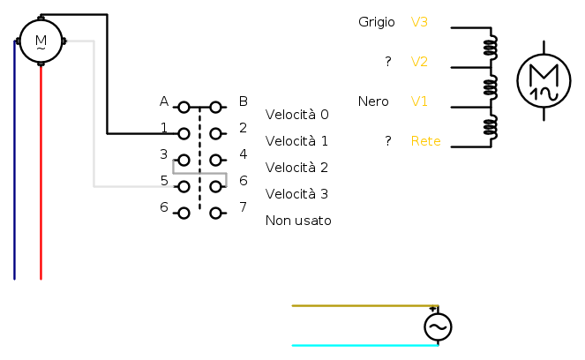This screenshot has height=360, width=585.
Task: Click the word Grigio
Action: pos(376,21)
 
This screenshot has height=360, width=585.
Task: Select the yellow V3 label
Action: pos(419,21)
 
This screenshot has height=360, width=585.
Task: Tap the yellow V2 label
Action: pos(419,62)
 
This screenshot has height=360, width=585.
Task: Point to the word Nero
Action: pos(373,101)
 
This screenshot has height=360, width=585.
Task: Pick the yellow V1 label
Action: pos(419,101)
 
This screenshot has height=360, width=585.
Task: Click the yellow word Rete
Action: pos(425,141)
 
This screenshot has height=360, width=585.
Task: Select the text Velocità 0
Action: pos(296,115)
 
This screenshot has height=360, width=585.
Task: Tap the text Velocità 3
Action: pos(296,194)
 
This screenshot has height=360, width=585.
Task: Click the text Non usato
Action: pos(298,221)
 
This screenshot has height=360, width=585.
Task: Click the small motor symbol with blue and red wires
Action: pos(41,40)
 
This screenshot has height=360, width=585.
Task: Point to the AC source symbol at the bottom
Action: pos(438,327)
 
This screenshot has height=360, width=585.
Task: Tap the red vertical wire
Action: pos(41,176)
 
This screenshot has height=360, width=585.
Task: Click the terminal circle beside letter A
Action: pos(184,108)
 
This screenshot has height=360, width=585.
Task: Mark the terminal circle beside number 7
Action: pos(215,213)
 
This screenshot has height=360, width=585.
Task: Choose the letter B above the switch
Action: pos(243,101)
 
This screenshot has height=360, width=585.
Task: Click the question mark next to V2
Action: pos(387,62)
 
